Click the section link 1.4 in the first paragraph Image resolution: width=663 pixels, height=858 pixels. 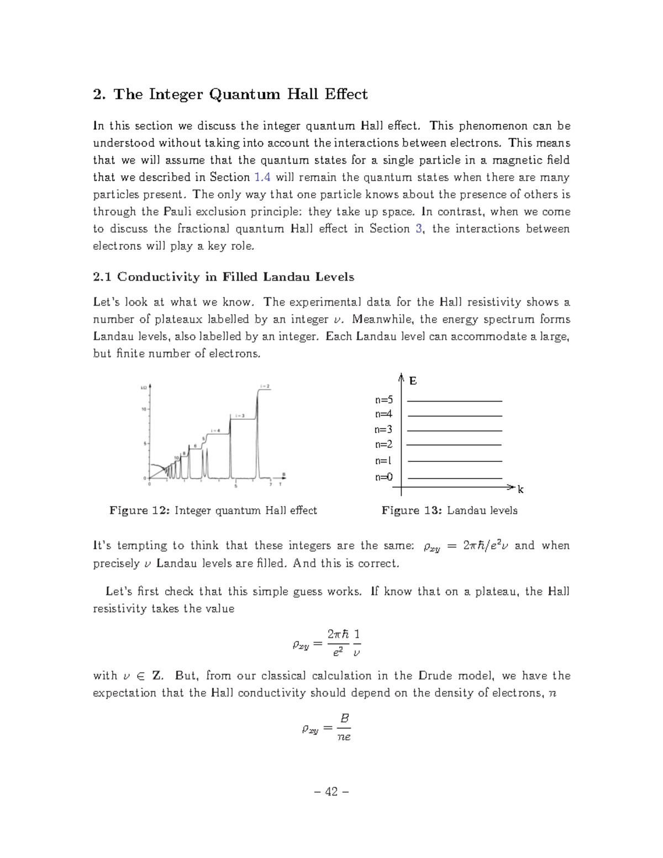262,177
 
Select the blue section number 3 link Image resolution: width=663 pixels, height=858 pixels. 419,229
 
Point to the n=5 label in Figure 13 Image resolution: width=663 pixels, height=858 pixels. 383,399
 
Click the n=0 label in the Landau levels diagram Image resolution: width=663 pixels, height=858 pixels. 383,477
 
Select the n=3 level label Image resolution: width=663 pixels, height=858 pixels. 383,429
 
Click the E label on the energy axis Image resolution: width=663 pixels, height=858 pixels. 413,381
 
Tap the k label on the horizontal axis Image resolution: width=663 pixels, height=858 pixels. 520,489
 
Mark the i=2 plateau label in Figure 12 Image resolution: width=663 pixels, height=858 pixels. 265,386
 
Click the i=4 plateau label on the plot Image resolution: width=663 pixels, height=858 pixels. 215,430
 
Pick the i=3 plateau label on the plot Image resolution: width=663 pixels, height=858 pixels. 239,415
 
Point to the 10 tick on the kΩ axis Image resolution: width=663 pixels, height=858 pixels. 143,409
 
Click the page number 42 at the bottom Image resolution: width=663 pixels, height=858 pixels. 331,792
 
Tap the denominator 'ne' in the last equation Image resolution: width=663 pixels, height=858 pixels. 344,737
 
